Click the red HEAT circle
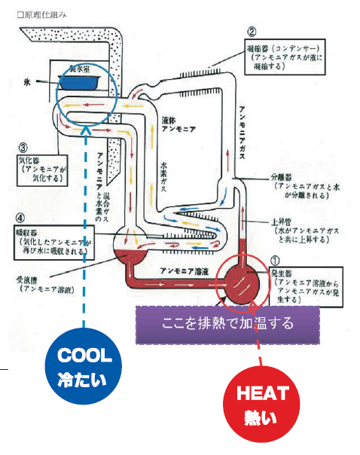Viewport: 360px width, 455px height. pyautogui.click(x=258, y=403)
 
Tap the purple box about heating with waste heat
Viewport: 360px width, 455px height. pyautogui.click(x=227, y=323)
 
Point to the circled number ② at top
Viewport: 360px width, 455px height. pyautogui.click(x=252, y=32)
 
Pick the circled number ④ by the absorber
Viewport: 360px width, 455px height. pyautogui.click(x=21, y=218)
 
